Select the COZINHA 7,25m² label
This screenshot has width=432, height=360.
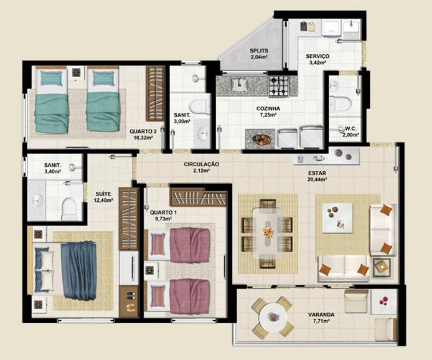tap(268, 111)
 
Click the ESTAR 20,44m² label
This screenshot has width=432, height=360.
tap(317, 176)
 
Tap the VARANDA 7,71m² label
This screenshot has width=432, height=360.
tap(321, 318)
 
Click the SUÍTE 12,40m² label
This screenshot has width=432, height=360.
tap(103, 197)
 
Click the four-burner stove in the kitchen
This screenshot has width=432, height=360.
tap(279, 86)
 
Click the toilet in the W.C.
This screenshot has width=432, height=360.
tap(340, 104)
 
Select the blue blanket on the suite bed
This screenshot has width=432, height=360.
tap(79, 270)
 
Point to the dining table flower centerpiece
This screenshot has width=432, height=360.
tap(268, 232)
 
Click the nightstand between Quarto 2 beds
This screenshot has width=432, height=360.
tap(77, 73)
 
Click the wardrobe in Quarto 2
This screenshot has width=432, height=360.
tap(156, 93)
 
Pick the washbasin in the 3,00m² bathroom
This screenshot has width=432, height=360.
tap(204, 134)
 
